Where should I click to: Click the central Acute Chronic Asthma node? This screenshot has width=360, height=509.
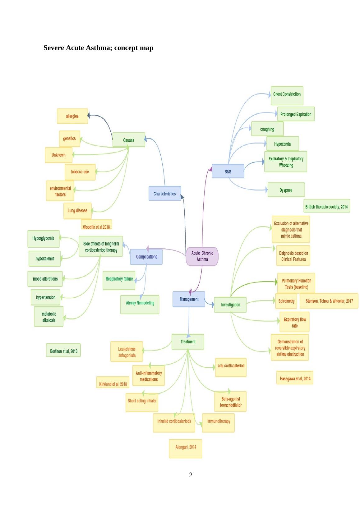coord(202,256)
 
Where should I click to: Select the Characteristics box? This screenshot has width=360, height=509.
coord(165,193)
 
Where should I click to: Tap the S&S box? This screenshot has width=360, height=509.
coord(228,171)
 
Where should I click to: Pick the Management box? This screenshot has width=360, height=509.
coord(189,299)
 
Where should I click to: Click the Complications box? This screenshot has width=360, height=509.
coord(146,257)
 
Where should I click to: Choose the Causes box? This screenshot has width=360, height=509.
coord(129,140)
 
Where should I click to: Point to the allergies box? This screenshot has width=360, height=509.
coord(72,116)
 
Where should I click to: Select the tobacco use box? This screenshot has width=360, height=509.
coord(80,172)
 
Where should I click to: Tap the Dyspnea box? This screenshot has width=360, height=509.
coord(286,190)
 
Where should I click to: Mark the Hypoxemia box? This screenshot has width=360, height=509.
coord(282,144)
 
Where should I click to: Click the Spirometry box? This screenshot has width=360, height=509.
coord(286,301)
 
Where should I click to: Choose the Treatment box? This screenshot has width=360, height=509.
coord(188,342)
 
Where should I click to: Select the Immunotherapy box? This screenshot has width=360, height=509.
coord(219,422)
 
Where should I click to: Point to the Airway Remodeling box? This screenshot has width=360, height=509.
coord(140,304)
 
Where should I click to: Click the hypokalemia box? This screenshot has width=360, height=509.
coord(45,259)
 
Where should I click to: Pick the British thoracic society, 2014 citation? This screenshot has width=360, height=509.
coord(326,206)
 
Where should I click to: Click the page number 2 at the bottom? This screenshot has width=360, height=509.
coord(191,475)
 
